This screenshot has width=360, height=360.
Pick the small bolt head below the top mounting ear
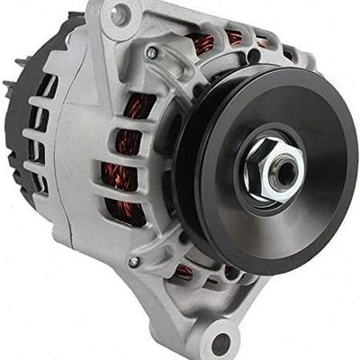coord(151,53)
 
